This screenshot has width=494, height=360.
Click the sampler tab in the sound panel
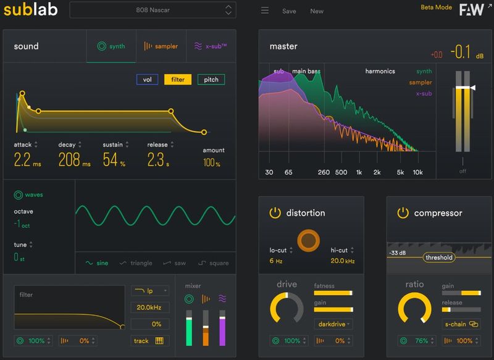161,46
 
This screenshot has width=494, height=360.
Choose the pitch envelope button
211,80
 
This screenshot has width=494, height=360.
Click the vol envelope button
147,80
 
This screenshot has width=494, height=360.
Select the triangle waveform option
136,263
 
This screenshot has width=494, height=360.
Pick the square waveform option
213,263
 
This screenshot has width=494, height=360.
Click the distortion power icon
275,213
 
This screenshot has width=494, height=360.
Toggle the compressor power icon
403,213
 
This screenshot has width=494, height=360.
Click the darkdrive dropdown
333,324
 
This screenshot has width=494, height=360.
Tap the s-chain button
461,324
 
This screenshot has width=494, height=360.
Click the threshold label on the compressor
438,257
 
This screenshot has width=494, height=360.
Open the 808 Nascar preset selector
152,10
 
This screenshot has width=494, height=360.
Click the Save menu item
289,11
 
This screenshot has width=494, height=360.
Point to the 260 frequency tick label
323,172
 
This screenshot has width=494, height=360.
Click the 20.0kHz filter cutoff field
149,308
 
